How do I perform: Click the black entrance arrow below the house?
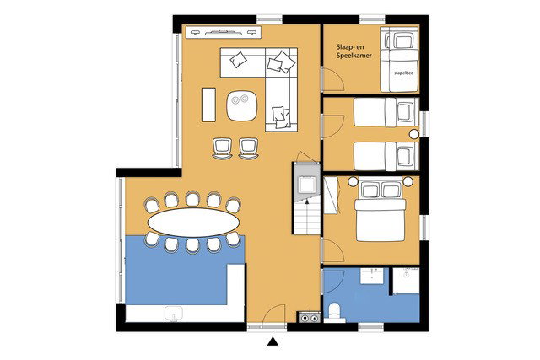[x=273, y=341]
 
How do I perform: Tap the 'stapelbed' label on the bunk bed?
[x=403, y=73]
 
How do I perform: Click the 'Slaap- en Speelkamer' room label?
[x=354, y=51]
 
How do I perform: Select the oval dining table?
[x=193, y=222]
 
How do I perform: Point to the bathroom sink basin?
[x=371, y=276]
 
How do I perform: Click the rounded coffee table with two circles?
[x=242, y=105]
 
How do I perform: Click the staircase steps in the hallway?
[x=307, y=218]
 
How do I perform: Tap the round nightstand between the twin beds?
[x=414, y=134]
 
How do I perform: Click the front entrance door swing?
[x=273, y=315]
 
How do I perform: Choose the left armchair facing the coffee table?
[x=223, y=148]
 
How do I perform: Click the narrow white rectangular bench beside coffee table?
[x=208, y=105]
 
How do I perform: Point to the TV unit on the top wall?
[x=224, y=32]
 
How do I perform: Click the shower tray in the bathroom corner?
[x=407, y=281]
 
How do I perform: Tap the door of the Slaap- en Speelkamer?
[x=332, y=80]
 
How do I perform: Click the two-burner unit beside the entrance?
[x=310, y=317]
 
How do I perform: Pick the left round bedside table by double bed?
[x=353, y=181]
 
